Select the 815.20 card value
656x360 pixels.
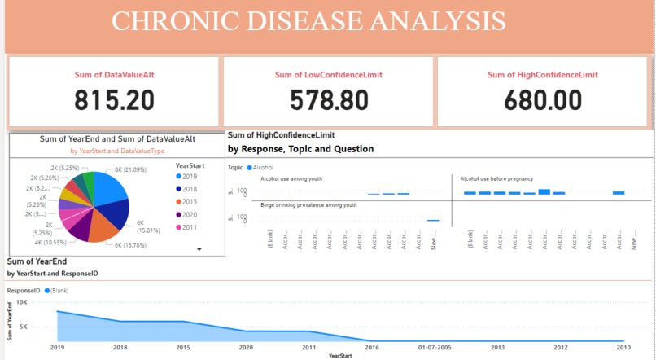click(114, 100)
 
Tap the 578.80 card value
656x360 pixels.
click(329, 100)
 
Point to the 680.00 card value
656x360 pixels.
click(543, 100)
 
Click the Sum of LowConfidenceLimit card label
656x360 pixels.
click(329, 75)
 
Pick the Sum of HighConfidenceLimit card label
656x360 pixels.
click(543, 75)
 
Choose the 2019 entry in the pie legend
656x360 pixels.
click(190, 177)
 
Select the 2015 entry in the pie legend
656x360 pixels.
click(190, 202)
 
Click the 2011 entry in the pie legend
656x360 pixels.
click(190, 227)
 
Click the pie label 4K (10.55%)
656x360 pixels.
click(51, 242)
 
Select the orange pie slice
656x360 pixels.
click(104, 230)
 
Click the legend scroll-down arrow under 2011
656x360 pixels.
click(199, 250)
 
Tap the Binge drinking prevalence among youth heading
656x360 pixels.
click(308, 205)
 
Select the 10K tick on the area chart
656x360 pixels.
click(22, 302)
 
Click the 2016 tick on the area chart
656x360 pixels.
click(372, 347)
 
